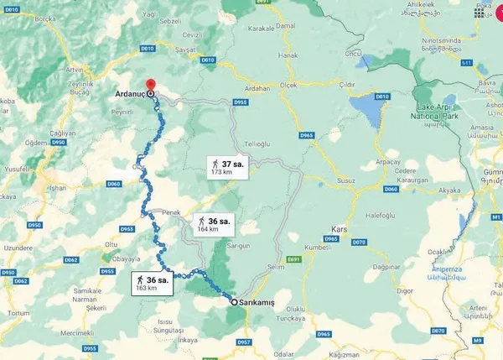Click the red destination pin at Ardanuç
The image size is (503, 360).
[x=151, y=86]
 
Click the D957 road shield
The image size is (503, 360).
[x=245, y=342]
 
